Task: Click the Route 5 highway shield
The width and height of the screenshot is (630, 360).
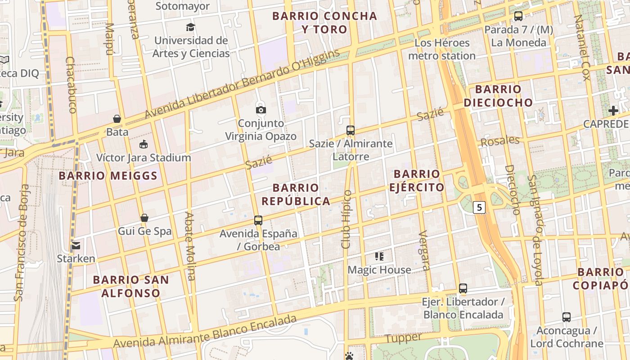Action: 480,207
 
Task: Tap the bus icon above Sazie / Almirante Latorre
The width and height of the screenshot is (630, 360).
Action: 351,130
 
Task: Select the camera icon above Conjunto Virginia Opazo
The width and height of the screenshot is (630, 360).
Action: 261,110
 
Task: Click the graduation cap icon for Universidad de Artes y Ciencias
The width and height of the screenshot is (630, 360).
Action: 191,27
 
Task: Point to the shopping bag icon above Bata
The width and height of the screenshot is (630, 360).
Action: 117,119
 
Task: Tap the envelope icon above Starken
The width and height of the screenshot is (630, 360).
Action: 76,246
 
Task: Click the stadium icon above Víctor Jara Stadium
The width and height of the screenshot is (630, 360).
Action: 144,144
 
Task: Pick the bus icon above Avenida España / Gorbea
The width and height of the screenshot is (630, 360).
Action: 258,220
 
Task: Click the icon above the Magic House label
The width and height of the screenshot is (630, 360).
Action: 379,256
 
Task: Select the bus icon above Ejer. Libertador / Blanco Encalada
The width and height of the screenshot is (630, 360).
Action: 463,288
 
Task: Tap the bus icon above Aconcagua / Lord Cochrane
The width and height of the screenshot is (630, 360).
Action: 567,317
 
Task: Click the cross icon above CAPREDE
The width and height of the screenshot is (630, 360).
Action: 613,111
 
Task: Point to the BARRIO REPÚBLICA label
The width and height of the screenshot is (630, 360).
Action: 296,194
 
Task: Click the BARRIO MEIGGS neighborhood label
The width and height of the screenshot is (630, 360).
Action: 108,175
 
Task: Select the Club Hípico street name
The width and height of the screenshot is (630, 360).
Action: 346,220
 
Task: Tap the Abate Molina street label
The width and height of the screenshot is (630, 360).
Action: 190,246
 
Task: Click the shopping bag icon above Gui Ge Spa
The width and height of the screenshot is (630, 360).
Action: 144,218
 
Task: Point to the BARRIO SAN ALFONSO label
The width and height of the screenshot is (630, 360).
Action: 131,286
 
